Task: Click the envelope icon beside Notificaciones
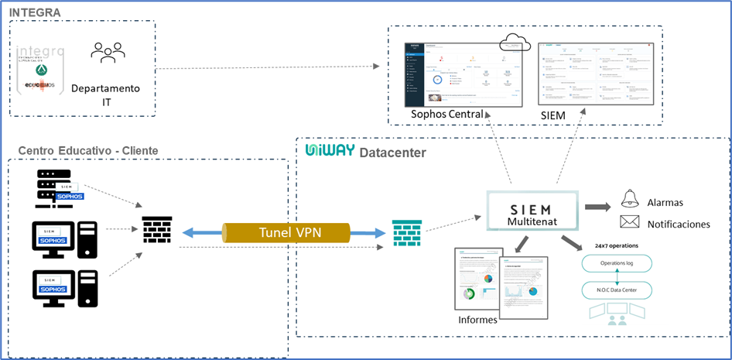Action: pos(630,223)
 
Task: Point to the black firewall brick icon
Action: pos(157,230)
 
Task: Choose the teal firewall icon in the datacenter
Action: pos(403,231)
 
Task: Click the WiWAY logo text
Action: pos(329,151)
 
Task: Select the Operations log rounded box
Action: pos(616,263)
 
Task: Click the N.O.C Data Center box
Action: pos(616,290)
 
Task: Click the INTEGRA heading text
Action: pos(34,12)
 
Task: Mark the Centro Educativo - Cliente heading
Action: pos(88,149)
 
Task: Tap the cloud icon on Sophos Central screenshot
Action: pos(514,42)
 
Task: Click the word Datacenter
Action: pos(392,153)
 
